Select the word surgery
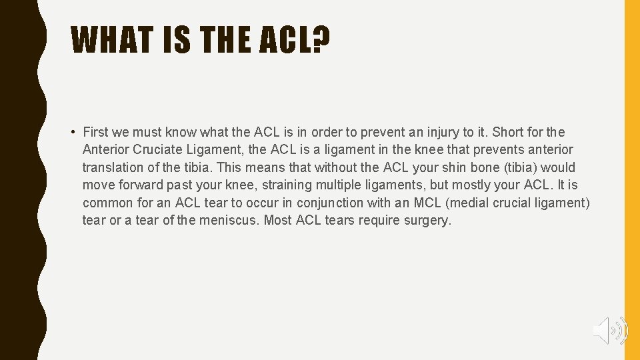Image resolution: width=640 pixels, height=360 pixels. tap(427, 220)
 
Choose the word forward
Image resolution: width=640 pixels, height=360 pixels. tap(145, 185)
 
